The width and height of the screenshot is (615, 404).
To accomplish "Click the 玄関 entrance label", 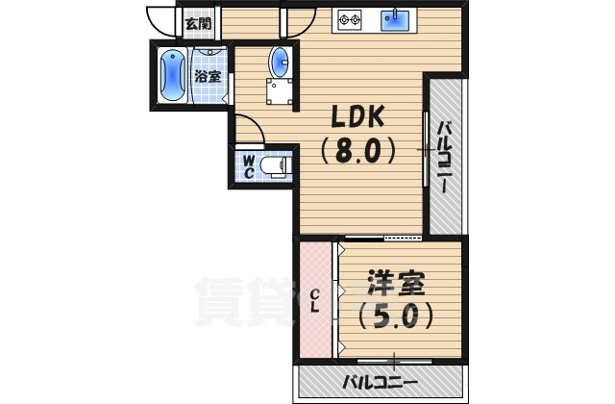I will (x=197, y=23).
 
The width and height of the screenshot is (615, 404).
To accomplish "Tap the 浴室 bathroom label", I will (x=208, y=75).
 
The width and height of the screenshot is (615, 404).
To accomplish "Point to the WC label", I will (x=248, y=166).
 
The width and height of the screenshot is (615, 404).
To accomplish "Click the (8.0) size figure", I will (x=357, y=150).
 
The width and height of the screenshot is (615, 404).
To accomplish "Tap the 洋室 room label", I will (x=394, y=286).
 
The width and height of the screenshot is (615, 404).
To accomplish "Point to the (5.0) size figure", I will (x=394, y=316).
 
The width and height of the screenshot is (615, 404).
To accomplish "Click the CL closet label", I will (x=315, y=300).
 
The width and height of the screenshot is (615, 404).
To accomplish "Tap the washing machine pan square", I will (x=280, y=93).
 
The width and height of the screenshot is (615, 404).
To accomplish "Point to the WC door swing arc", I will (x=244, y=129).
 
